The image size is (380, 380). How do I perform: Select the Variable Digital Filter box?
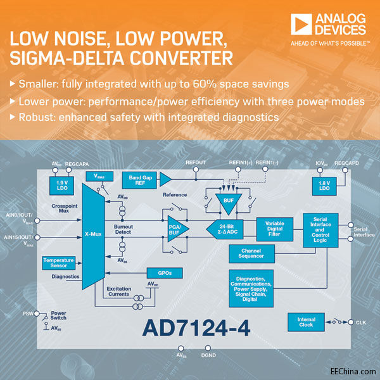(274, 229)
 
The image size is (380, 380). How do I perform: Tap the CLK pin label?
(361, 322)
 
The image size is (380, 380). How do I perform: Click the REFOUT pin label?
(196, 163)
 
